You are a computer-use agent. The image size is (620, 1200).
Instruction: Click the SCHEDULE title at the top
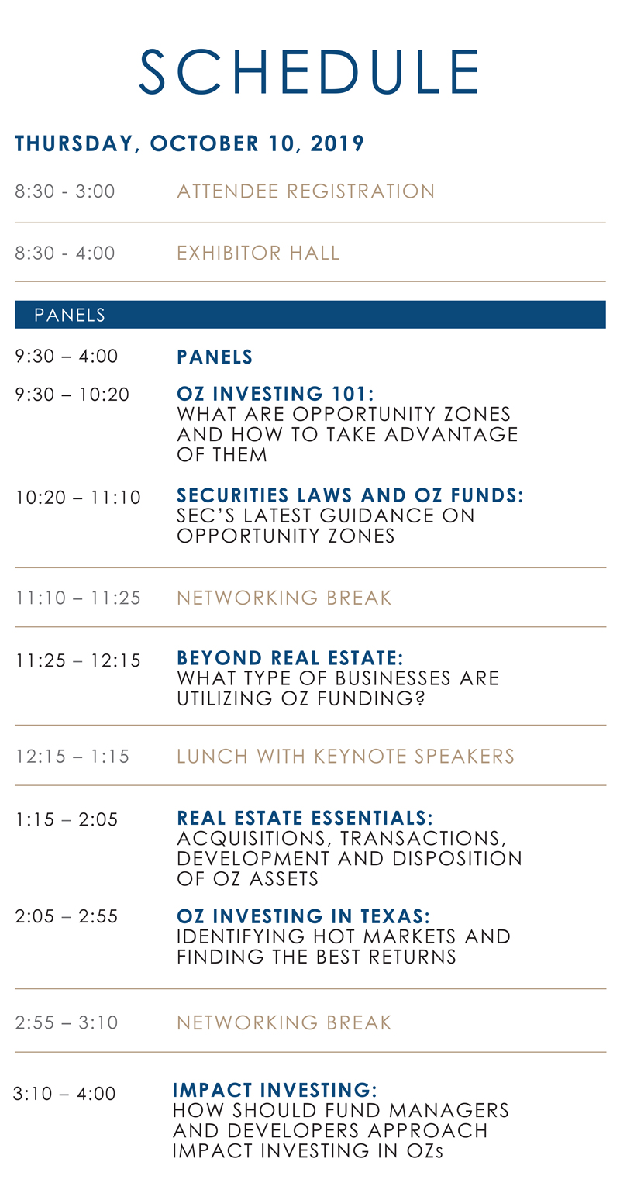(x=309, y=72)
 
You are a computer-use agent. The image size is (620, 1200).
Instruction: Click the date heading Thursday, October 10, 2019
(x=190, y=143)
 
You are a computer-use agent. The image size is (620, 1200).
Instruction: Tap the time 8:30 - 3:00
(x=65, y=191)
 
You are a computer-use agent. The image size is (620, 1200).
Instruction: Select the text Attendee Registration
(x=305, y=191)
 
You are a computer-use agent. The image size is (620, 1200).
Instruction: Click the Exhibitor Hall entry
(x=258, y=253)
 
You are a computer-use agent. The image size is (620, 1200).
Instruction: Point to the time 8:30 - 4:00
(x=65, y=253)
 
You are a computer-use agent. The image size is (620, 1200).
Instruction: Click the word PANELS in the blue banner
(x=70, y=315)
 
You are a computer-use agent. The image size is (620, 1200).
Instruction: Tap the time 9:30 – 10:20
(x=72, y=395)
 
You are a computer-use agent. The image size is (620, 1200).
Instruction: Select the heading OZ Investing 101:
(x=275, y=394)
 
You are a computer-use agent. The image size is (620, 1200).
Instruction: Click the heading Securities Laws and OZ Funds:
(x=350, y=495)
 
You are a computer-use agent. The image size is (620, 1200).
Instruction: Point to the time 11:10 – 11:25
(x=77, y=598)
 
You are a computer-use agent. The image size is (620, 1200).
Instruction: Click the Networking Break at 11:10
(x=284, y=598)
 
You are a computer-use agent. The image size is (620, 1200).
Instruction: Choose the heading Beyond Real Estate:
(x=290, y=658)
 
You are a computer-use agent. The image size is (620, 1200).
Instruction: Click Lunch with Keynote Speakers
(x=346, y=757)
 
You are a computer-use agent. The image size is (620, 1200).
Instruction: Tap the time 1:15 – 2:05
(x=67, y=819)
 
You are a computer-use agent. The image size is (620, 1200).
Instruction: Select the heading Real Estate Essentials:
(x=305, y=818)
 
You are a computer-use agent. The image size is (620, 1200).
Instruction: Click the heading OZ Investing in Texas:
(x=303, y=916)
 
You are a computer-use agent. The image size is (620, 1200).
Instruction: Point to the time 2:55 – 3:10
(x=67, y=1022)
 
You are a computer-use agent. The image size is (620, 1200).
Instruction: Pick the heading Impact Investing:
(x=274, y=1090)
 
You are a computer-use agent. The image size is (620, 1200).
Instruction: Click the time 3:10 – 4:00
(x=64, y=1093)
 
